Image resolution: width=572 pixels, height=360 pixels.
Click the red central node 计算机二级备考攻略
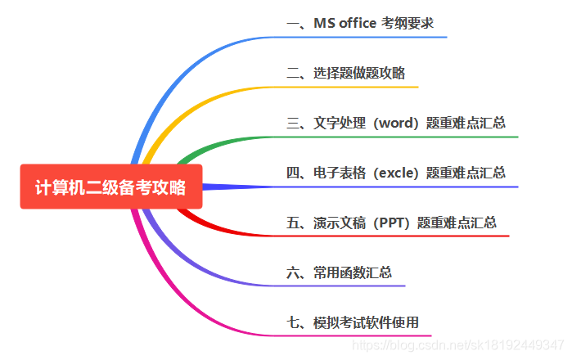coord(110,187)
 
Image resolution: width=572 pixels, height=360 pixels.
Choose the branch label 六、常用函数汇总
coord(340,272)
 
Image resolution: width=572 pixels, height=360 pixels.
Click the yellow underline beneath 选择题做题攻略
coord(360,86)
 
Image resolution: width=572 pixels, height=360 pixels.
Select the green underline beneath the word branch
coord(409,137)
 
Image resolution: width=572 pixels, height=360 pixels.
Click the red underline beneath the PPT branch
coord(409,236)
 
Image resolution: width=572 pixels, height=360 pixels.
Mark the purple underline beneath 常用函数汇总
coord(352,286)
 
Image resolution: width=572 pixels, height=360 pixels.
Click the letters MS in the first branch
coord(323,23)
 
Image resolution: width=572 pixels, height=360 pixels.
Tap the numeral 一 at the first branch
coord(293,23)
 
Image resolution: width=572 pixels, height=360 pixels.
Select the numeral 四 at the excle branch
coord(293,173)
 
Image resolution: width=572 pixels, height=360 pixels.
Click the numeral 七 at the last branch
coord(293,322)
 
